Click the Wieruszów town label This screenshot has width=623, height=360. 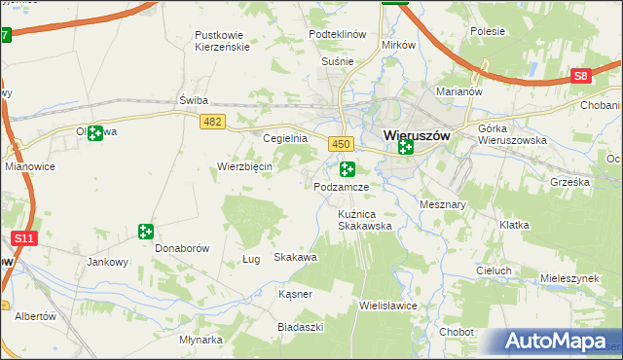417,136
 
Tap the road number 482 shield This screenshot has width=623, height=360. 211,121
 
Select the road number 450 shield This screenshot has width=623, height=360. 340,144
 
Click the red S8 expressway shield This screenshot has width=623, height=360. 581,76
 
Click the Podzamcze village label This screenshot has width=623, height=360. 341,186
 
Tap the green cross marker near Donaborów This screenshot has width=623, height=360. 145,232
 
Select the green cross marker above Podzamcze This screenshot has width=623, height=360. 348,168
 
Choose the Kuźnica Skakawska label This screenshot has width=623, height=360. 364,219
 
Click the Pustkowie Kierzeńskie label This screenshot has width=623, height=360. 223,40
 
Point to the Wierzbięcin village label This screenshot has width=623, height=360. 243,166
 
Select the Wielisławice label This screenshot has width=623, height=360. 388,305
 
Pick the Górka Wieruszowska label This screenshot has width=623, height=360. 513,134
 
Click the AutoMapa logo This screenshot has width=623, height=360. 554,342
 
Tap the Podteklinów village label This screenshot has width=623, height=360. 337,33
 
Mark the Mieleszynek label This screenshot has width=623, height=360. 568,277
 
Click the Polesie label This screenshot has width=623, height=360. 487,31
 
